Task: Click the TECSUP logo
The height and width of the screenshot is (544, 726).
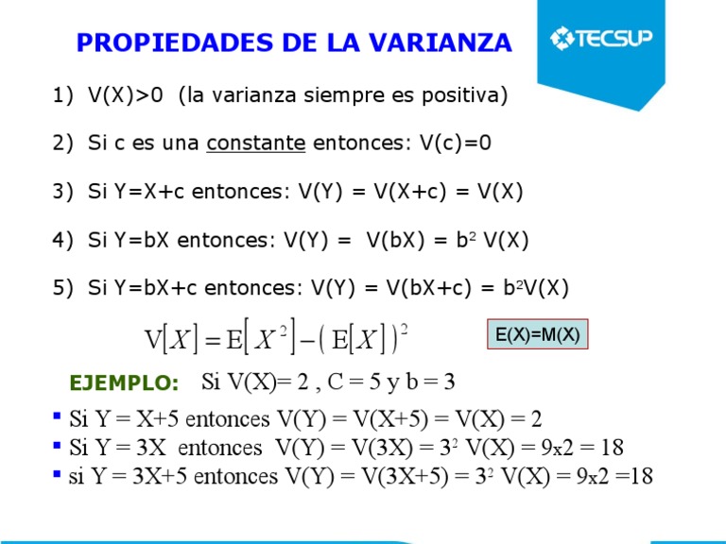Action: coord(606,39)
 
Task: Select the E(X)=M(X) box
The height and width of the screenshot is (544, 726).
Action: coord(538,335)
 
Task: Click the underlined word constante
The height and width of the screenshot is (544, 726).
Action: coord(256,144)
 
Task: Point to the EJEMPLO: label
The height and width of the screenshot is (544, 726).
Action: coord(125,383)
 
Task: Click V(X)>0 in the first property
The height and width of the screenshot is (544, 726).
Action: coord(126,95)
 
